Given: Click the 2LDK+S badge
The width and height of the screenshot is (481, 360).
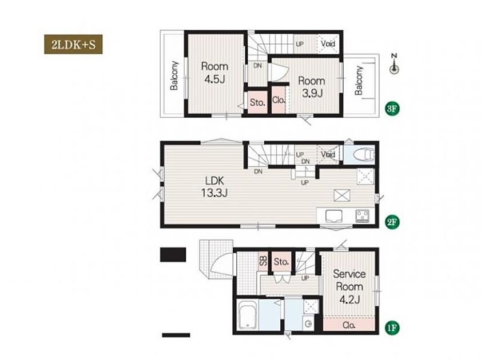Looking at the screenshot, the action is coord(73,45).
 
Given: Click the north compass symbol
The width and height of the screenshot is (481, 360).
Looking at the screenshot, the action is coord(395,65).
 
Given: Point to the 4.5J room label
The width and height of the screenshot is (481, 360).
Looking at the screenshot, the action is coord(214,73).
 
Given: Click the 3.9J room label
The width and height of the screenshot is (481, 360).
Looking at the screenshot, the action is coord(312,87).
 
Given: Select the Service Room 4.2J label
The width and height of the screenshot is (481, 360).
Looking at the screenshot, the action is coord(349,286).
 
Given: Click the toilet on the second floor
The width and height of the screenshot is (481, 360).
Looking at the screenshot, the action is coord(364,155).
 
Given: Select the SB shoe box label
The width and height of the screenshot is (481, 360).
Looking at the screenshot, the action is coord(263,261).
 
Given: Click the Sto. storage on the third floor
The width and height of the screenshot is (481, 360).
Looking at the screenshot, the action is coord(257,102).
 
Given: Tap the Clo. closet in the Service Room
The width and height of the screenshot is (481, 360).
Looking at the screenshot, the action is coord(349,325).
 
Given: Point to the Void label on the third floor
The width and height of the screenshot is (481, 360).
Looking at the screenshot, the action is coord(328,43).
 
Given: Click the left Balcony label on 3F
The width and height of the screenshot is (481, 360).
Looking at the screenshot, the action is coord(174,75).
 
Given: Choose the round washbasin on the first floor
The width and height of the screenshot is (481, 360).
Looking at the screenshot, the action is coord(309,323).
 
